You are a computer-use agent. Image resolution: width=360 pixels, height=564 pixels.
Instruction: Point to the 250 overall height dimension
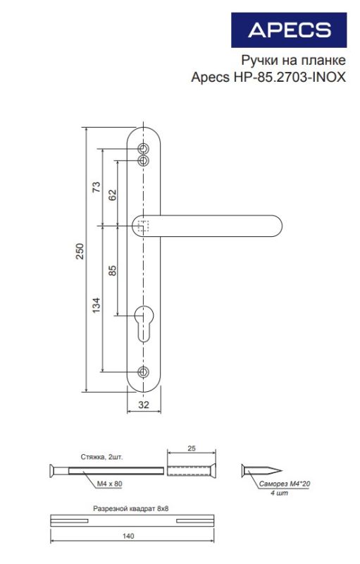click(80, 252)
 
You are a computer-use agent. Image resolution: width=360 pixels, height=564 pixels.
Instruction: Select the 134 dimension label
click(97, 305)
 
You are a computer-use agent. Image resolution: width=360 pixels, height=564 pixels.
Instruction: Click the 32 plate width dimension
click(143, 405)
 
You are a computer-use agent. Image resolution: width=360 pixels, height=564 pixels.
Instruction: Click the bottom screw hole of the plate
click(143, 372)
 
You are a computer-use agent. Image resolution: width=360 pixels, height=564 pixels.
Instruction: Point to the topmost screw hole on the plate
click(143, 149)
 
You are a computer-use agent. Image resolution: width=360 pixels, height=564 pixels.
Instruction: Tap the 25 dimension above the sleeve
click(191, 448)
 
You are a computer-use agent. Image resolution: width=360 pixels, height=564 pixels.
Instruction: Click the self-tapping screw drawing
click(262, 470)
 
